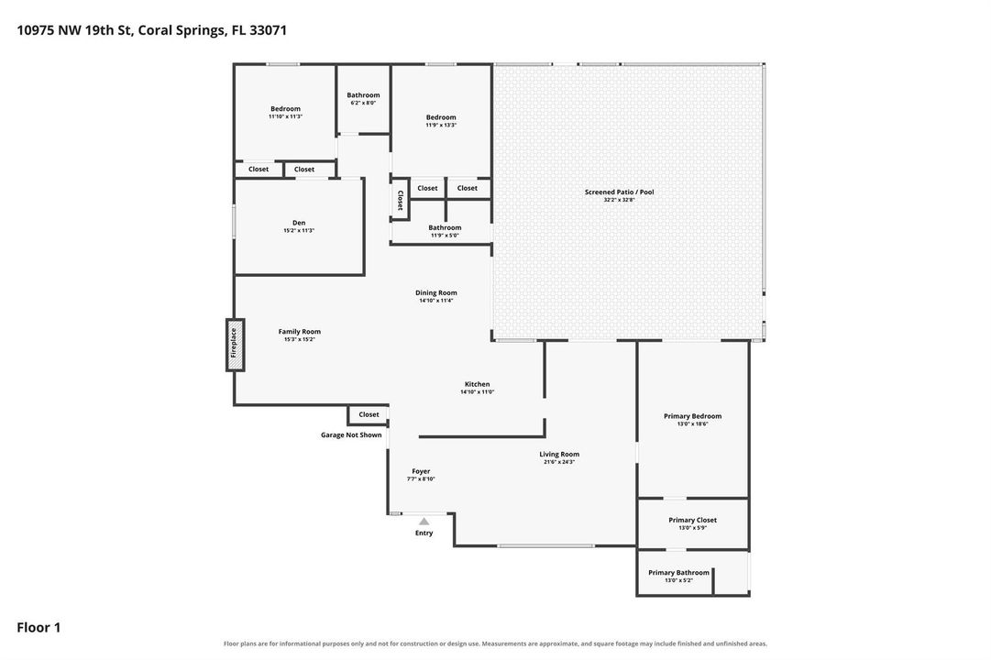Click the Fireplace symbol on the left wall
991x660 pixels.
pos(235,345)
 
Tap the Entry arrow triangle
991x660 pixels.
pos(424,522)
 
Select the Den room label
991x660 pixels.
pos(299,223)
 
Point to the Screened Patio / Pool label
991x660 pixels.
pos(620,192)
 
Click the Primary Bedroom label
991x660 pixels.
pos(693,416)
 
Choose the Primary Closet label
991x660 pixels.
pos(693,520)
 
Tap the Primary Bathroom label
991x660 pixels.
pos(678,572)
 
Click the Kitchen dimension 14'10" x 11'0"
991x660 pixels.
pos(478,392)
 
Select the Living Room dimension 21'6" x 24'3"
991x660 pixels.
pos(559,461)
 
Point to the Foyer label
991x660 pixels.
pos(421,471)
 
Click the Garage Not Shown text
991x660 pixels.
pos(351,434)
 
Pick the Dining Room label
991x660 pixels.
pos(436,292)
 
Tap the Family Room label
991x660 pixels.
pos(300,331)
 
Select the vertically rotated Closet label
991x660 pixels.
pos(400,201)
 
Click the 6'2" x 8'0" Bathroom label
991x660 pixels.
pos(363,94)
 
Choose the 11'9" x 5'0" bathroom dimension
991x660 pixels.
pos(445,236)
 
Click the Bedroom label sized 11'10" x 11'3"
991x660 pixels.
pos(286,109)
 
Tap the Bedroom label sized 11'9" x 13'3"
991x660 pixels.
pos(441,117)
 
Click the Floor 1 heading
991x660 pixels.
pos(39,627)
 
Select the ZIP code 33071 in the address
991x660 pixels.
pos(268,29)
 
